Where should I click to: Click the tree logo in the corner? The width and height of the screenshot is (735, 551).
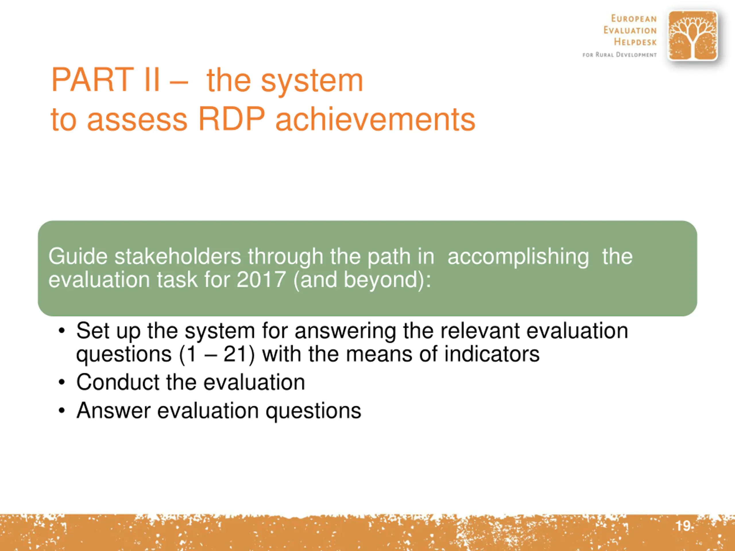click(x=693, y=36)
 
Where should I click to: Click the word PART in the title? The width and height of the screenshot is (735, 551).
click(x=92, y=80)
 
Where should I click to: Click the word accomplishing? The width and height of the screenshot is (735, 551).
click(x=518, y=257)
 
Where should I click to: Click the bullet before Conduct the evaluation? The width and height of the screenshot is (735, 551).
click(x=61, y=382)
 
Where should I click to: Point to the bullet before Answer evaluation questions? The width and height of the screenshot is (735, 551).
click(x=61, y=411)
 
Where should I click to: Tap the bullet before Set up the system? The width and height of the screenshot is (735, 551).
click(x=61, y=331)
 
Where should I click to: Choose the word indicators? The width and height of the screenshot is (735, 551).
click(x=492, y=354)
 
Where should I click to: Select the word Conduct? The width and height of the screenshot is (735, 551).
click(x=118, y=382)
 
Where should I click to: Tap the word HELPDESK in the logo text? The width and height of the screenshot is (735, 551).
click(x=635, y=42)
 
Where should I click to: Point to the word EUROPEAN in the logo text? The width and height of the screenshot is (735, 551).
click(x=634, y=19)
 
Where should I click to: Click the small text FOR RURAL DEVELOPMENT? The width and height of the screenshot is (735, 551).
click(x=620, y=55)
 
